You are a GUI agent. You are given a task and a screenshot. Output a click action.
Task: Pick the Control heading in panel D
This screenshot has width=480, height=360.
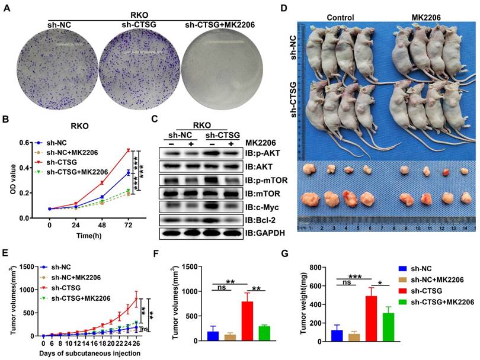(340, 17)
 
